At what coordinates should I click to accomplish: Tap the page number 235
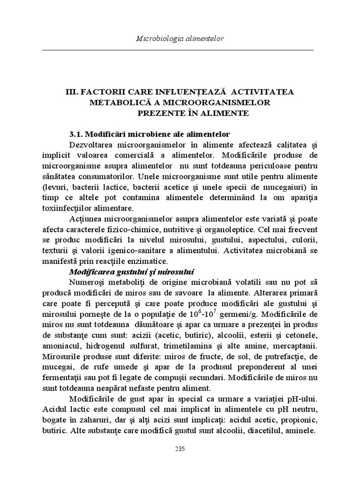tap(180, 449)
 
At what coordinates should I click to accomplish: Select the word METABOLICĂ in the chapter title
tap(113, 103)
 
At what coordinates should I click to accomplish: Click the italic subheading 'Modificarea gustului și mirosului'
tap(132, 272)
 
